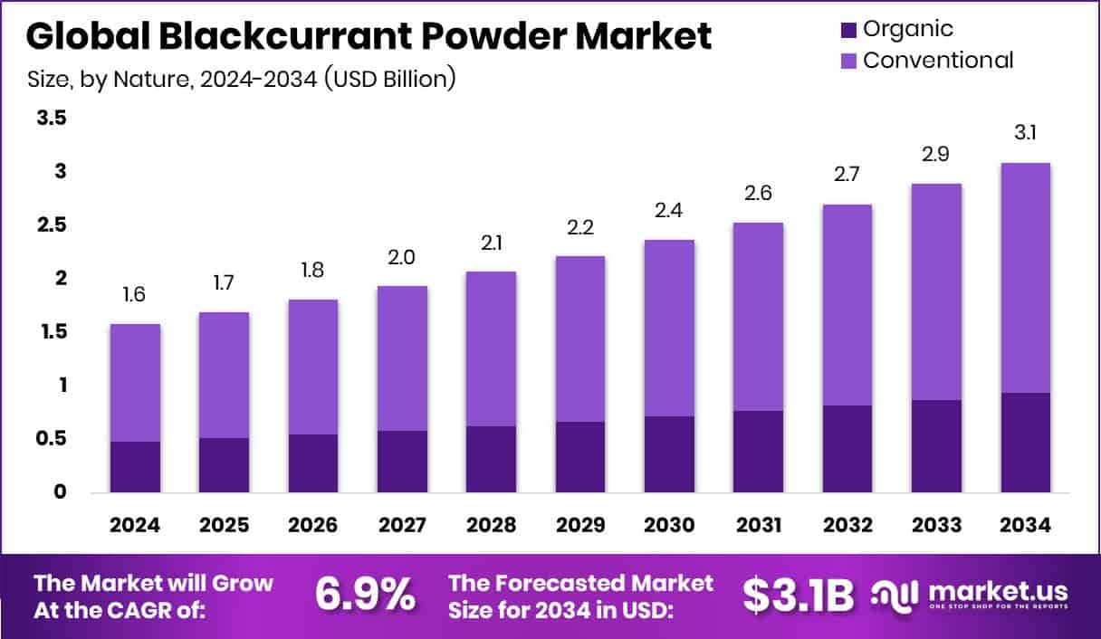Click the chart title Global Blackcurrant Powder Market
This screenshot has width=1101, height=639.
tap(369, 37)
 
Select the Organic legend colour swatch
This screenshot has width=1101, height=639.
tap(847, 29)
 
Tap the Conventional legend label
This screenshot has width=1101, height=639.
tap(937, 61)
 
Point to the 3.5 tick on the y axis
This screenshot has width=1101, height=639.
tap(53, 118)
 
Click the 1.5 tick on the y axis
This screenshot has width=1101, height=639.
tap(53, 332)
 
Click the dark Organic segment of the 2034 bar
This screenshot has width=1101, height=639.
tap(1026, 443)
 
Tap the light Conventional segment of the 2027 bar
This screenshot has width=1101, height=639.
tap(402, 358)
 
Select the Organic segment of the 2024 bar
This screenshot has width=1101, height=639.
tap(135, 467)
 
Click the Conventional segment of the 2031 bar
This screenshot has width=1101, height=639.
tap(759, 317)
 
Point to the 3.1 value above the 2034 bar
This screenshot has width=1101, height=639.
tap(1026, 133)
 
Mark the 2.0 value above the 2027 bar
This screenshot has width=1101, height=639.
tap(402, 258)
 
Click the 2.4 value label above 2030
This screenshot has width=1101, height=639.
tap(670, 211)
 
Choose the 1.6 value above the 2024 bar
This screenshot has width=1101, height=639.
tap(135, 295)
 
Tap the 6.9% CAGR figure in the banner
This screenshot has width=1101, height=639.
tap(365, 595)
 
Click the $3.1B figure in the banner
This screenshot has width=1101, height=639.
tap(799, 595)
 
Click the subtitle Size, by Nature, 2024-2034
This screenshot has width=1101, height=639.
tap(241, 80)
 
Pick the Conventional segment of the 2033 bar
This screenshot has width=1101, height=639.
tap(936, 291)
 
